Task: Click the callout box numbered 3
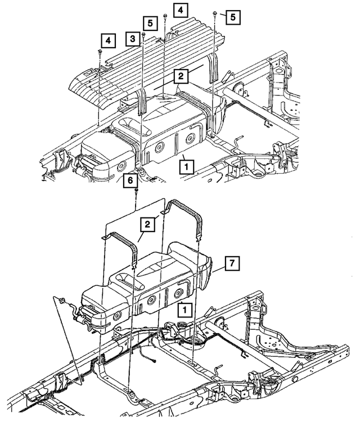[132, 38]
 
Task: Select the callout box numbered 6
[130, 180]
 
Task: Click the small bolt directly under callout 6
[137, 193]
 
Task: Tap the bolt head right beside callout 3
[143, 35]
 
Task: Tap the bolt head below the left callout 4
[100, 51]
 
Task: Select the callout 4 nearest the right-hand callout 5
[181, 10]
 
